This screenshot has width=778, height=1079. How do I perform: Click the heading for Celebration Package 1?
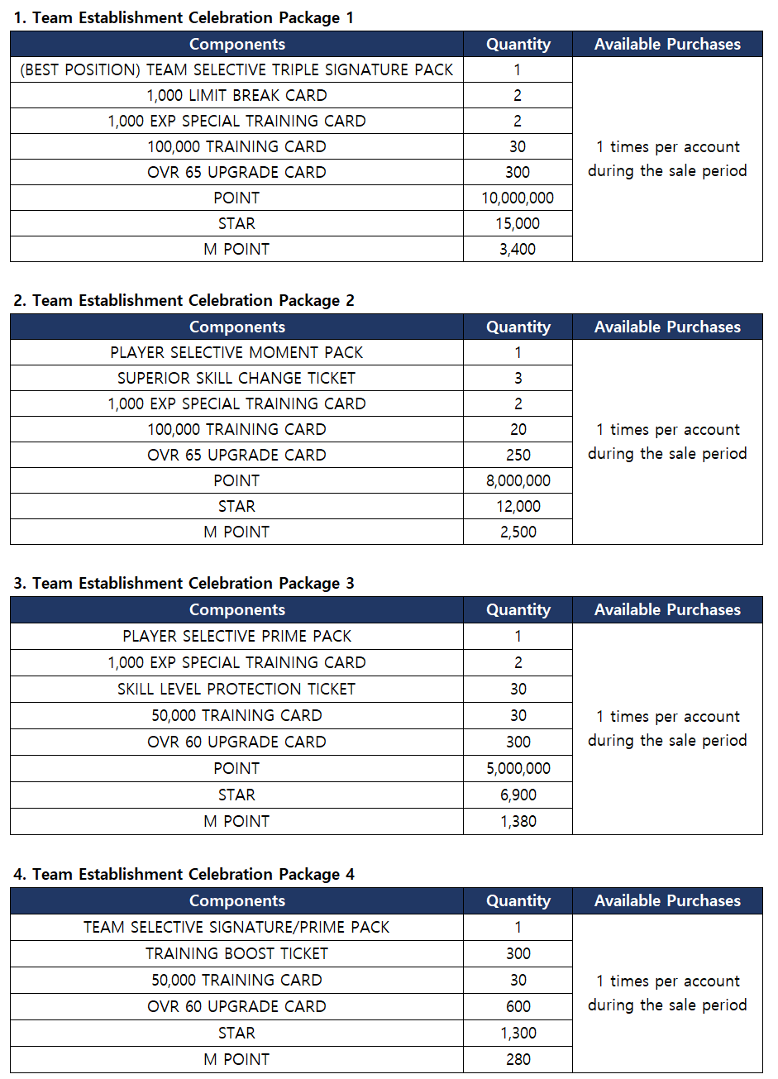click(x=184, y=17)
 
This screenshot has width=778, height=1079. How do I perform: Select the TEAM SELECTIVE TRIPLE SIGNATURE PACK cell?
click(x=236, y=69)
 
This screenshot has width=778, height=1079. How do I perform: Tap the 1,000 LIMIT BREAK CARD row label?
click(x=236, y=95)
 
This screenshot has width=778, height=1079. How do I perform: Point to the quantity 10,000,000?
click(x=518, y=198)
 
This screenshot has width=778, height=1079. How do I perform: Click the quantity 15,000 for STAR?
click(x=518, y=223)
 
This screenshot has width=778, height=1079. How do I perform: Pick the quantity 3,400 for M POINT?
click(x=518, y=249)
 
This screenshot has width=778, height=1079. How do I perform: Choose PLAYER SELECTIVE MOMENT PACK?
click(x=236, y=352)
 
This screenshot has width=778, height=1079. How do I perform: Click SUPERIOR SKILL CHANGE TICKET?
click(x=236, y=378)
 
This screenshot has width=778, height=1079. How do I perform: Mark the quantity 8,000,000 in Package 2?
click(x=518, y=480)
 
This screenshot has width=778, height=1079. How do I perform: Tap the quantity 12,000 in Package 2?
click(x=518, y=506)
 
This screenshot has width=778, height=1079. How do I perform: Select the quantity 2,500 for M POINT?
click(x=518, y=532)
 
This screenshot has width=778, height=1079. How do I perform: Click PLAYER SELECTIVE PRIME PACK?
click(x=236, y=636)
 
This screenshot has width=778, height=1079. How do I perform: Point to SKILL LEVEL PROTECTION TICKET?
click(x=236, y=689)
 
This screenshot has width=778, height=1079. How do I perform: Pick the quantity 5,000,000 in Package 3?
click(x=518, y=768)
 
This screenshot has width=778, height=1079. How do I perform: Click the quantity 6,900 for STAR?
click(x=518, y=795)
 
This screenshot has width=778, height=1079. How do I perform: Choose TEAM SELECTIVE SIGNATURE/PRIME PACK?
click(x=236, y=927)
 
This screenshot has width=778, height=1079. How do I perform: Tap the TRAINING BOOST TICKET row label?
click(x=236, y=953)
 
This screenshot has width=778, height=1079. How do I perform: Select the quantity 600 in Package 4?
click(x=518, y=1006)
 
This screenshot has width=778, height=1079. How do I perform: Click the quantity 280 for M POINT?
click(x=518, y=1059)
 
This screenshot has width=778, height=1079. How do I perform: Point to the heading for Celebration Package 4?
click(x=184, y=874)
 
